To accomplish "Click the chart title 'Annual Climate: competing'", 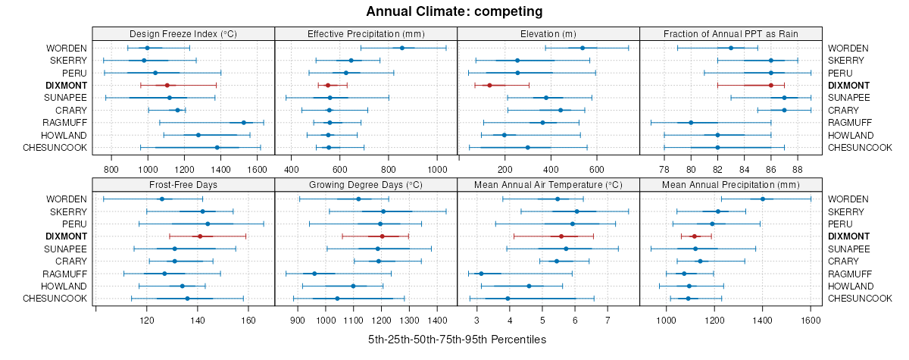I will [454, 11].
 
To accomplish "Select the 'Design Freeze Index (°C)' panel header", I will [183, 33].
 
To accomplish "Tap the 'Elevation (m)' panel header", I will [548, 33].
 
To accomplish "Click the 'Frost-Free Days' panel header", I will [183, 184].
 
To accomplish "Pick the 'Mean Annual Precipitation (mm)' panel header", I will [731, 184].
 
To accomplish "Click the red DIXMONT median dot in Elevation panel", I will [489, 85].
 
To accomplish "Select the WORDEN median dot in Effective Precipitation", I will [402, 48].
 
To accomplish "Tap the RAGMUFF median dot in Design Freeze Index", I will [243, 122].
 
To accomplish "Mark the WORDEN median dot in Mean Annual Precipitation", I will [763, 199].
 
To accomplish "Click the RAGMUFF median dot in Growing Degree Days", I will [314, 273].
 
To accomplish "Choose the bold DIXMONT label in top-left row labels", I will [65, 85].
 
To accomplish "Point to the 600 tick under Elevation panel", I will [596, 168].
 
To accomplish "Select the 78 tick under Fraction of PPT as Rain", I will [664, 168].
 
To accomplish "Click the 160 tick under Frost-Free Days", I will [248, 320].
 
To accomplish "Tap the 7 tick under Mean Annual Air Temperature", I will [608, 320].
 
